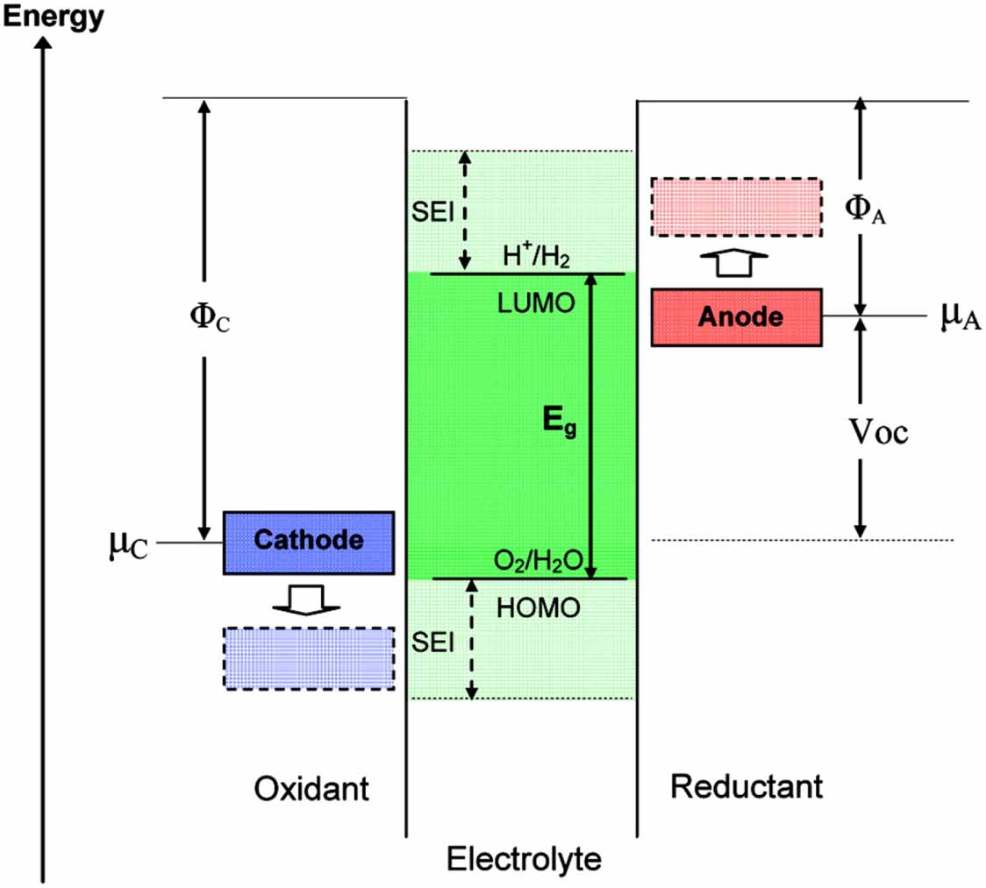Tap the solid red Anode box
[x=737, y=316]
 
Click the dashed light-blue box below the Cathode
[x=308, y=658]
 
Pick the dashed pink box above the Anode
[x=736, y=207]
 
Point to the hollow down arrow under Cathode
[x=306, y=600]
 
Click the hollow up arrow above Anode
[x=738, y=261]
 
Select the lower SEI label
[x=432, y=643]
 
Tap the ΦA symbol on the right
[x=864, y=208]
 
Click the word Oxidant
[x=312, y=789]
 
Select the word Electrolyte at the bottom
[x=524, y=858]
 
